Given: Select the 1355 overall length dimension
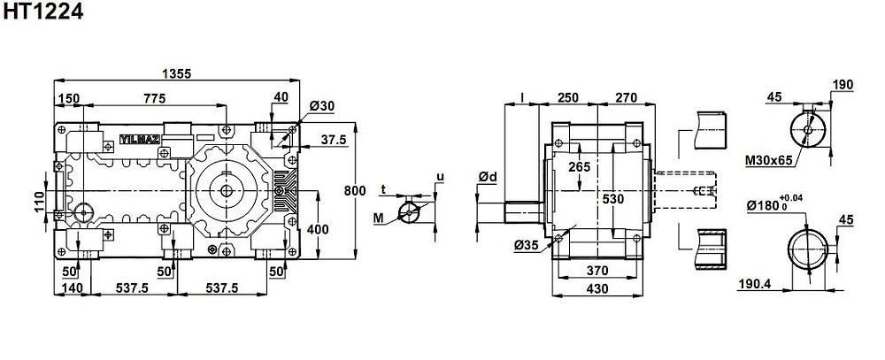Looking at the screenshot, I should point(177,73).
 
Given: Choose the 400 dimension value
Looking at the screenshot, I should point(318,230).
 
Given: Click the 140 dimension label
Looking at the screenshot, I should point(73,288).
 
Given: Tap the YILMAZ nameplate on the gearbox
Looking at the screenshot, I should point(138,139).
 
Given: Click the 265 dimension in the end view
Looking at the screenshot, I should point(580,167).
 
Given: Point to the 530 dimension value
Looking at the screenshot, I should point(612,200).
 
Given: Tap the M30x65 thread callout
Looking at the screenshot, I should point(767,160).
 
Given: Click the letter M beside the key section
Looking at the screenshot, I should point(379,217).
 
